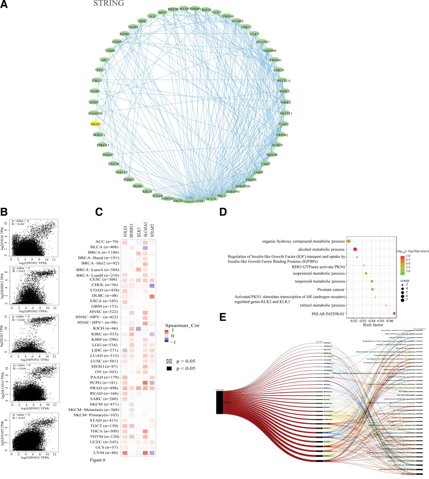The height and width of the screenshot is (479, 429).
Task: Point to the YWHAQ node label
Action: pyautogui.click(x=283, y=134)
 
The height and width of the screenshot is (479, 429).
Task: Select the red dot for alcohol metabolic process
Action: pyautogui.click(x=355, y=249)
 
